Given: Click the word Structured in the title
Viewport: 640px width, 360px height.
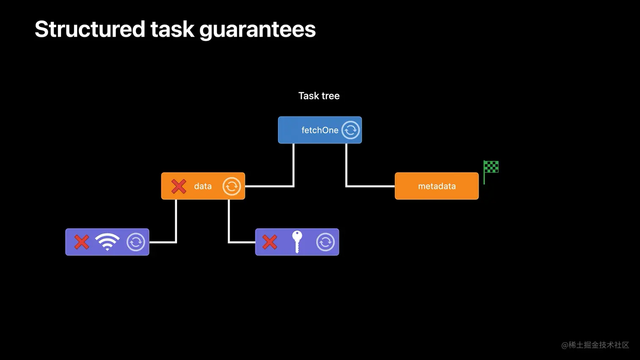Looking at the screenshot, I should tap(90, 29).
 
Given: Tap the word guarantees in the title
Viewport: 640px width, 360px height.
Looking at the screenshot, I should tap(257, 29).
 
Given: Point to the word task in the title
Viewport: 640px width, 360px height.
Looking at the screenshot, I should tap(172, 29).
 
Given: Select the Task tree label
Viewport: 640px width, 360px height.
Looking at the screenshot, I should tap(319, 96).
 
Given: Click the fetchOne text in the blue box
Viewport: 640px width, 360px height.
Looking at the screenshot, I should tap(320, 130).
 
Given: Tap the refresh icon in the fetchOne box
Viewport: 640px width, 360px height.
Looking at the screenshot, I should tap(350, 130).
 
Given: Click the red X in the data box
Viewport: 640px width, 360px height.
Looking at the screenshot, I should tap(179, 186).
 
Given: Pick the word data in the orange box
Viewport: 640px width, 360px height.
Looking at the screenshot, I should tap(203, 186).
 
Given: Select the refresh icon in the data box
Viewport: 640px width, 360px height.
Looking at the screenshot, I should tap(232, 186).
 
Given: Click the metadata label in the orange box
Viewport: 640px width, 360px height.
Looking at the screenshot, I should tap(437, 186).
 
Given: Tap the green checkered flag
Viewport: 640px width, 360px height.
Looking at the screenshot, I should tap(491, 168).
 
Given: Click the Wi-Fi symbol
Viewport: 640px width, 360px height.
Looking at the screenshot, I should tap(108, 242).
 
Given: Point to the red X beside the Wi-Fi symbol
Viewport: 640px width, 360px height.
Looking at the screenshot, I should tap(82, 242).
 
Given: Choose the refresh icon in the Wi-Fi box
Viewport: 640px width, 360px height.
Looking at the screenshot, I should tap(136, 242).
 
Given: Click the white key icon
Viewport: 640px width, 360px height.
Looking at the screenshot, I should tap(297, 242).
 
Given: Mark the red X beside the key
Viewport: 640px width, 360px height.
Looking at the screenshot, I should tap(270, 242).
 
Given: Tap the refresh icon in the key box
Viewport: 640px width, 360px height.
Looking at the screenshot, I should tap(326, 242).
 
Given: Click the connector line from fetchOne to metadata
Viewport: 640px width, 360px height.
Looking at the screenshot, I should tap(347, 169).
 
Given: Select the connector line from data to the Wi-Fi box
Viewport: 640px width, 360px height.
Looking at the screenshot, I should tap(176, 220).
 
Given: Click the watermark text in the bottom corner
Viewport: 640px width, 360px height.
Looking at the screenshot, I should tap(595, 345).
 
